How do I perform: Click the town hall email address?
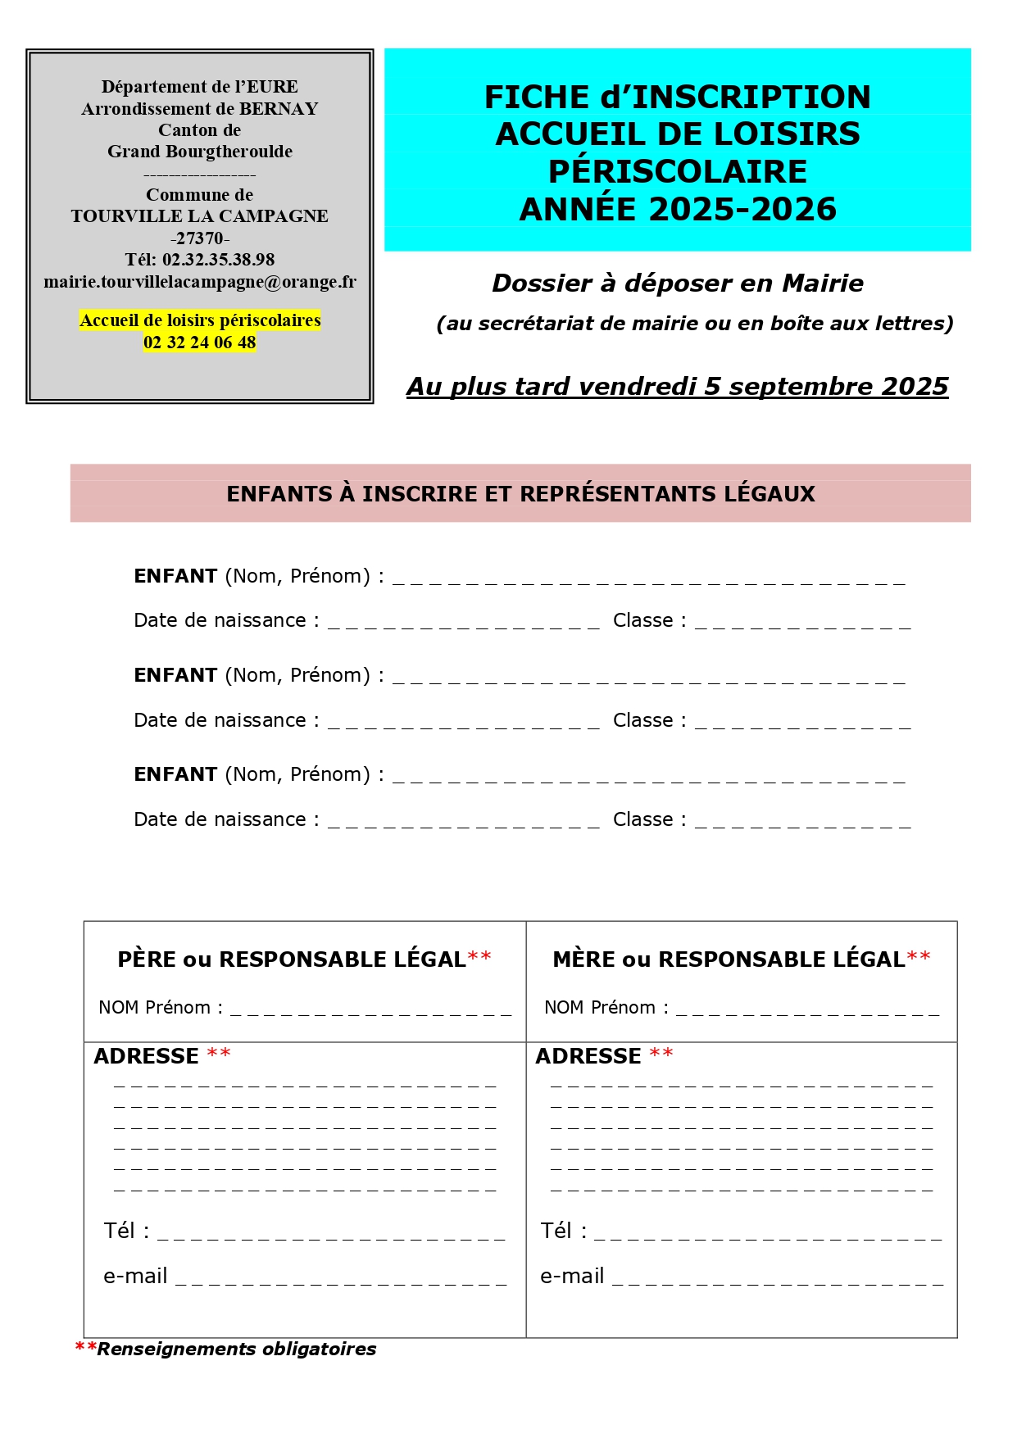(199, 282)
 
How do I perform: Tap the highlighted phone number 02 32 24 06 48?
(199, 342)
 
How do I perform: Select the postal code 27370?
(199, 238)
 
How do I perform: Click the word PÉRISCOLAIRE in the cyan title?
(677, 171)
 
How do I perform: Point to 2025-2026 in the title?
(742, 209)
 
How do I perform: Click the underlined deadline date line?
(677, 386)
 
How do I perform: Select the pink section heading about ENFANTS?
(520, 494)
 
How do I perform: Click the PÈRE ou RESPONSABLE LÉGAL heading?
(292, 959)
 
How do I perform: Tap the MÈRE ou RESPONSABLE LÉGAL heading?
(729, 959)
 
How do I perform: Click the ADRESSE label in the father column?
(147, 1056)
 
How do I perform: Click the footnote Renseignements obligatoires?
(236, 1349)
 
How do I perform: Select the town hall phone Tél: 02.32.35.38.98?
(199, 260)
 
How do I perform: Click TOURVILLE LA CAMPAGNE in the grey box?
(199, 216)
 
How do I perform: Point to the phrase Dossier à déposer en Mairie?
(677, 284)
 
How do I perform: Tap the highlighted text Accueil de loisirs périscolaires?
(199, 320)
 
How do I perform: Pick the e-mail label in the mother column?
(572, 1276)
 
